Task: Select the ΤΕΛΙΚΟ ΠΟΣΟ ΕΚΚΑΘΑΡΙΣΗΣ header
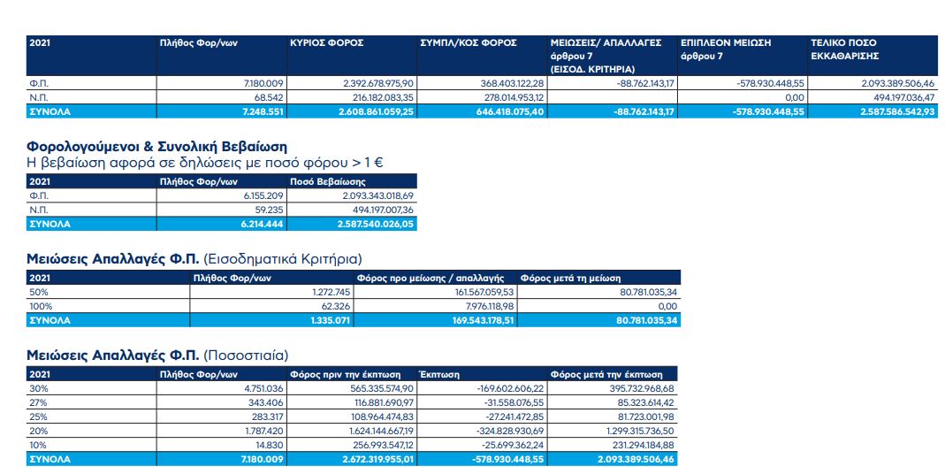(845, 50)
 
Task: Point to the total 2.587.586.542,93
(896, 111)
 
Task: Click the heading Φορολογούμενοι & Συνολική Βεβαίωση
(156, 147)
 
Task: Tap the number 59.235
(270, 210)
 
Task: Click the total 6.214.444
(262, 225)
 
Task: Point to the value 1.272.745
(328, 293)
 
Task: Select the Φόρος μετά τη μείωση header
(570, 278)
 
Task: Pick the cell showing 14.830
(271, 445)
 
